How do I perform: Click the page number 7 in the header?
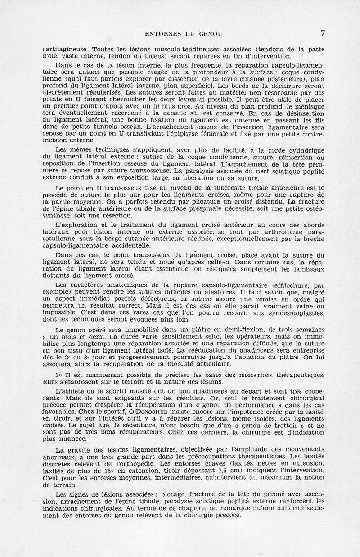point(323,33)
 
